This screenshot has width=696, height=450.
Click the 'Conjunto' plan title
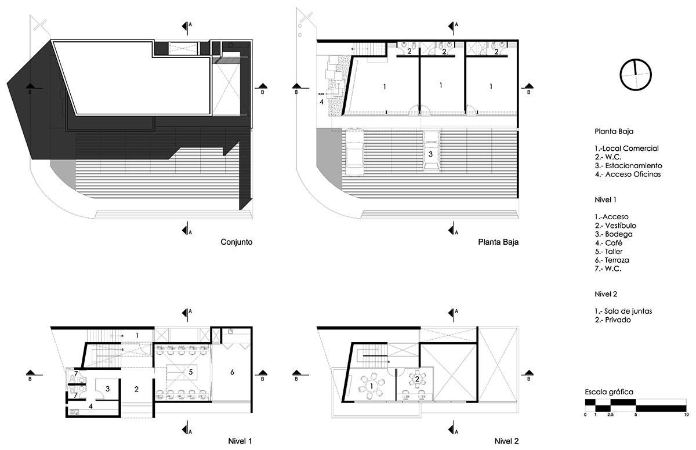click(x=235, y=243)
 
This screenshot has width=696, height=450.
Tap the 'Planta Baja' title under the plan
click(x=498, y=243)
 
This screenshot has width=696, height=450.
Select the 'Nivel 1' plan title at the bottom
click(x=240, y=441)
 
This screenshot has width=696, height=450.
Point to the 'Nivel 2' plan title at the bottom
click(x=507, y=441)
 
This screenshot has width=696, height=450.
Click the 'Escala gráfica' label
click(x=609, y=392)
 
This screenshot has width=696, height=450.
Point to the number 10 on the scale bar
click(x=686, y=415)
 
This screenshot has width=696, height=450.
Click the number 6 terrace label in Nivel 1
click(x=233, y=372)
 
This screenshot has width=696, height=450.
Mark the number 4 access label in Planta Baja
click(x=321, y=103)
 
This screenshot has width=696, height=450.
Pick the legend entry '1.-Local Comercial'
click(x=626, y=148)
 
